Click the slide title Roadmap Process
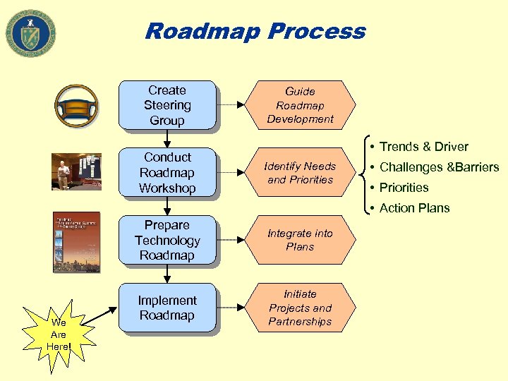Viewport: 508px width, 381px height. pos(255,31)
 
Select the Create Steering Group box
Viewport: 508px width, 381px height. pos(167,105)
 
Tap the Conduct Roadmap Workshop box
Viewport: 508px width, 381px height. pos(167,173)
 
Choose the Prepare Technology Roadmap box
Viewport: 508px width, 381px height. pos(167,240)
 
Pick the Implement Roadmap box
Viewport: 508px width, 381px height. pos(167,308)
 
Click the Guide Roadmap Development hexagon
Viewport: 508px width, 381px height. pos(300,105)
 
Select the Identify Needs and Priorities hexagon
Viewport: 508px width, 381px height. pos(300,173)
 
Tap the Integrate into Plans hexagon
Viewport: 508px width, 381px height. pos(300,240)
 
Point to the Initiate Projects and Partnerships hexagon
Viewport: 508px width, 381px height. pos(300,308)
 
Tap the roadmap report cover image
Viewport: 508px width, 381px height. pos(76,242)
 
